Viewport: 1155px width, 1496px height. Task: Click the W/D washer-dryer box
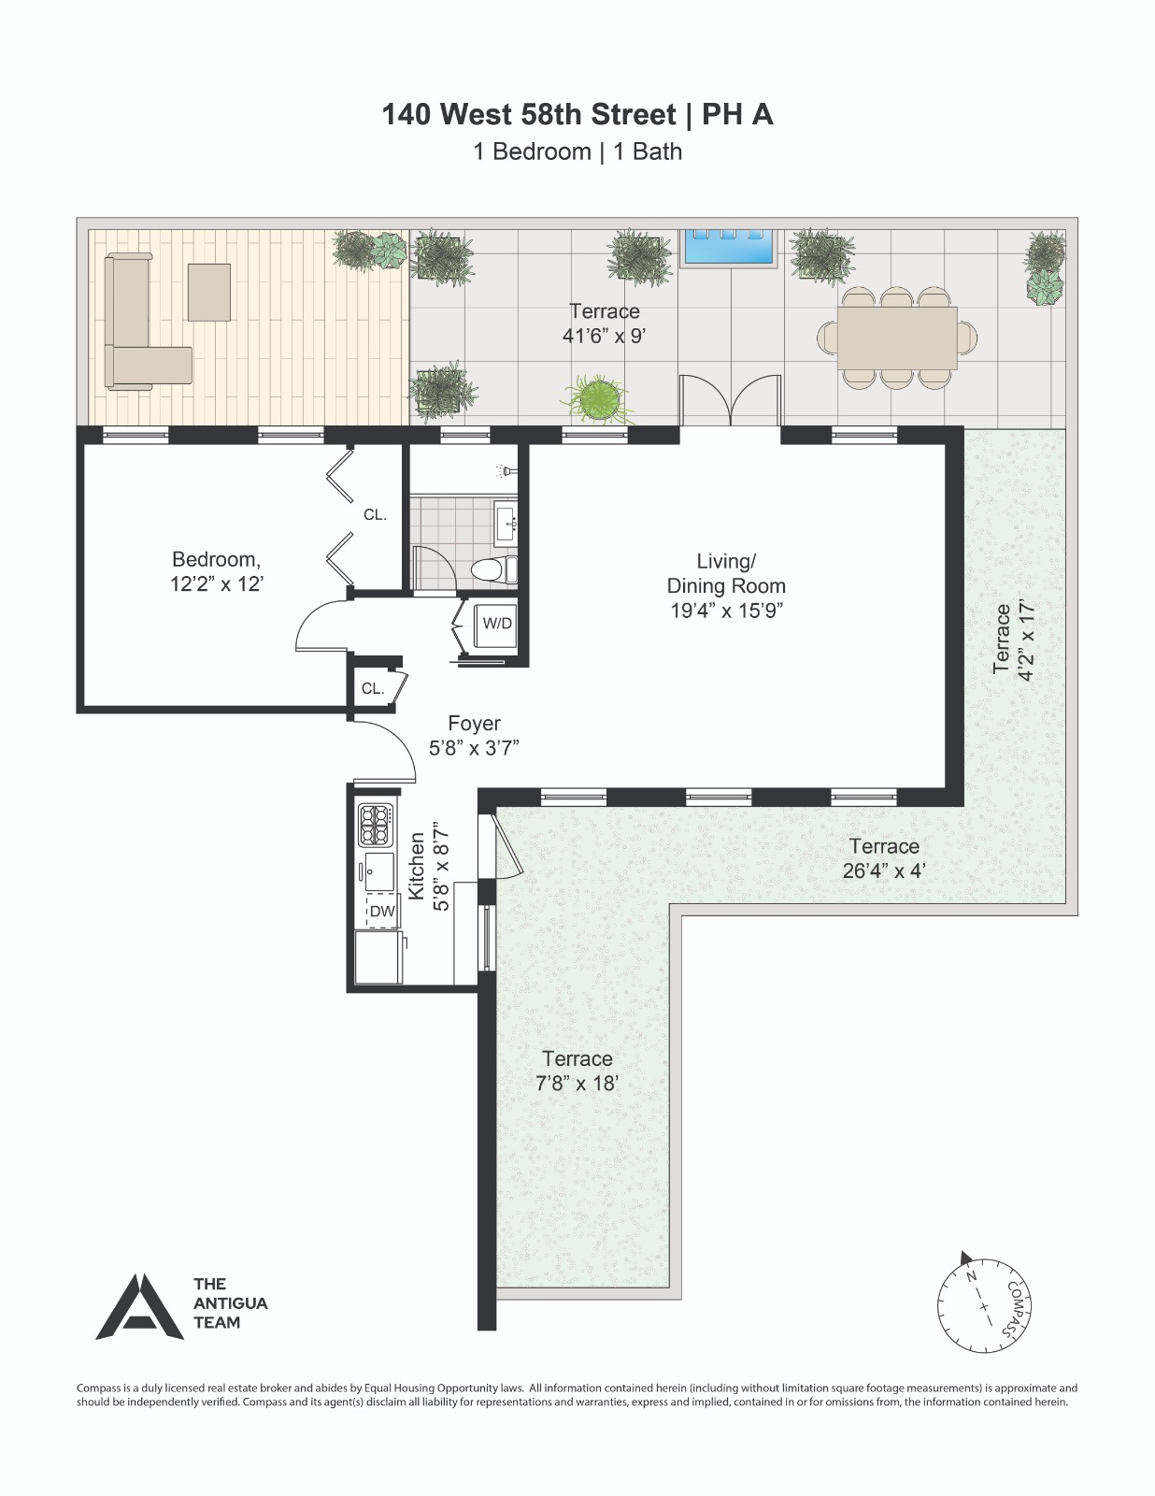[497, 624]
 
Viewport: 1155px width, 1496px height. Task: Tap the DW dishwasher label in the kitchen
[382, 912]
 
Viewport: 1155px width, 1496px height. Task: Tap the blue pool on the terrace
[729, 249]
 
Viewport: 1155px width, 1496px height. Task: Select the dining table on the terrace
[897, 338]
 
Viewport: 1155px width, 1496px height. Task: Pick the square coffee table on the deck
[209, 292]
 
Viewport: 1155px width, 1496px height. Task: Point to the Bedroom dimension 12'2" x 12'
[217, 583]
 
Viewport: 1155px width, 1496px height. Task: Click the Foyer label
[474, 723]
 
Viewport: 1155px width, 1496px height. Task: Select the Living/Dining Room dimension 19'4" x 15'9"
[726, 611]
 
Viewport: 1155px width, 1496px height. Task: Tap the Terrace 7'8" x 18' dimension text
[577, 1083]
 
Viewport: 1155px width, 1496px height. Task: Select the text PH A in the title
[736, 114]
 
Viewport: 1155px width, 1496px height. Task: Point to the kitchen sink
[378, 871]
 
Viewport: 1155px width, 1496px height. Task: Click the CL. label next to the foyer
[372, 688]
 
